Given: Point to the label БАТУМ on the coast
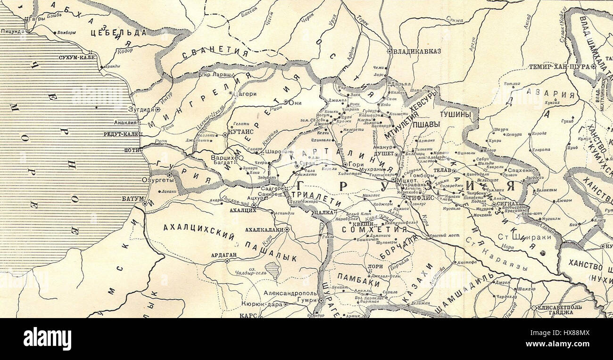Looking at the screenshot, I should (x=132, y=199).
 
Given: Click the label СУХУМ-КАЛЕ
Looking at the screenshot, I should (x=77, y=57).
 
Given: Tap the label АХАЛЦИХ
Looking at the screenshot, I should (x=242, y=210).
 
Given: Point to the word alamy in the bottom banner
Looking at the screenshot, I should (x=47, y=338).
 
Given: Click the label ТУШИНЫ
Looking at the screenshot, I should (x=453, y=114).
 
